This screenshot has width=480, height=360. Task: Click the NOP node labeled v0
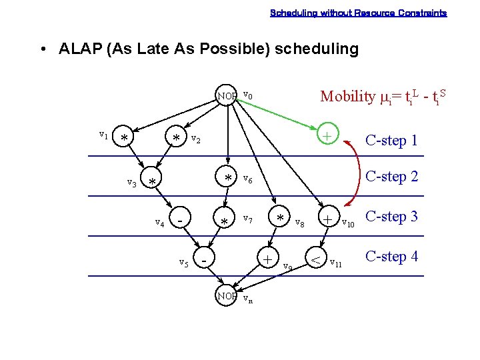[227, 96]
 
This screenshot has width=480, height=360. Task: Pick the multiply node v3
[153, 182]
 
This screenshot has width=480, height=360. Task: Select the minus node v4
[181, 218]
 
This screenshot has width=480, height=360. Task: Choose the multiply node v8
[280, 218]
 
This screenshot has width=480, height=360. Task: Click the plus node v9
[267, 257]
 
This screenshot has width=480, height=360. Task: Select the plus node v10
[327, 218]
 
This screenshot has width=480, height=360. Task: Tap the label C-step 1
[391, 141]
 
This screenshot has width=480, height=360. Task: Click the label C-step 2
[391, 177]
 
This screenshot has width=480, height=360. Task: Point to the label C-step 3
[391, 217]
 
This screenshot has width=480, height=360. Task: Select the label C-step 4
[391, 256]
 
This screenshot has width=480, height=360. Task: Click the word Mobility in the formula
[347, 97]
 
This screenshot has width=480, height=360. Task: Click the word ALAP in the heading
[77, 49]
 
